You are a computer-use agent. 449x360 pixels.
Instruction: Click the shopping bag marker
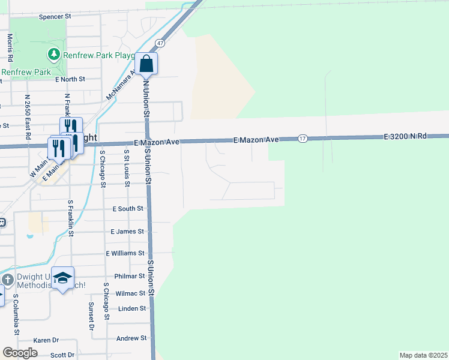(x=146, y=63)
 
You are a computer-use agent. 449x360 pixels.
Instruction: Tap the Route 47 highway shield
(x=160, y=43)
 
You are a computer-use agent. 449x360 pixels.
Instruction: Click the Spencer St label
(x=55, y=17)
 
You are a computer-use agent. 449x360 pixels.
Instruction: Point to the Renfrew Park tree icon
(x=54, y=55)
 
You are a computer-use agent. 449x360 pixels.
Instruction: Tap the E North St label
(x=70, y=79)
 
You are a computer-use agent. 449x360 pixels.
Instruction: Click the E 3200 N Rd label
(x=405, y=137)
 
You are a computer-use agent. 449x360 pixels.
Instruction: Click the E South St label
(x=128, y=208)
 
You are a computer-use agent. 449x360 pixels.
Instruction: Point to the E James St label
(x=127, y=231)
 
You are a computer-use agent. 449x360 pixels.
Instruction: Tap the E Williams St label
(x=125, y=254)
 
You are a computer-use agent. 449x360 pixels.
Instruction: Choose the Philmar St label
(x=130, y=277)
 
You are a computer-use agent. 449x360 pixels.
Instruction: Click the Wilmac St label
(x=130, y=293)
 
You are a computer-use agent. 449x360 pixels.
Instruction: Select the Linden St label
(x=133, y=308)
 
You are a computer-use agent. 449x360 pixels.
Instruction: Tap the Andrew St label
(x=131, y=338)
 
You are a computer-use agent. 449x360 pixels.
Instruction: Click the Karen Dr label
(x=46, y=340)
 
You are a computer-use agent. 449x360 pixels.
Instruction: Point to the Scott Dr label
(x=62, y=355)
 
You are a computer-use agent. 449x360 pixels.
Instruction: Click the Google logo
(x=20, y=353)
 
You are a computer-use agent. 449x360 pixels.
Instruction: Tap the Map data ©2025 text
(x=423, y=355)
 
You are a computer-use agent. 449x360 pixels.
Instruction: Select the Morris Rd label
(x=10, y=48)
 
